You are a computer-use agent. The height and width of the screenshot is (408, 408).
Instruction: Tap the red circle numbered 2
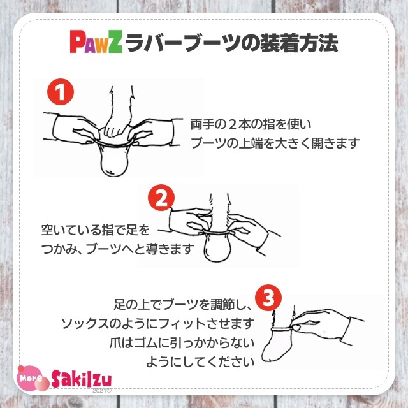[161, 198]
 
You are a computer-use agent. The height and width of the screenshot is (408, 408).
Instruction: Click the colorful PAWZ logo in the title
[96, 43]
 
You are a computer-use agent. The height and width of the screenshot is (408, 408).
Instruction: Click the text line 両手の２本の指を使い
[251, 123]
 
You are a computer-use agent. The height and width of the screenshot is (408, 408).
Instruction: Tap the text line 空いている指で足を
[97, 229]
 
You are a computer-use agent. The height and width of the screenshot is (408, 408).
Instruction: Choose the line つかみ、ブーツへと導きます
[117, 249]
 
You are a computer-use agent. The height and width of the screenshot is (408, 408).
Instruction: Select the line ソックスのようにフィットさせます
[158, 323]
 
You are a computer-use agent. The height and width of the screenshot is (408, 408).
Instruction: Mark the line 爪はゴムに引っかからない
[182, 342]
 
